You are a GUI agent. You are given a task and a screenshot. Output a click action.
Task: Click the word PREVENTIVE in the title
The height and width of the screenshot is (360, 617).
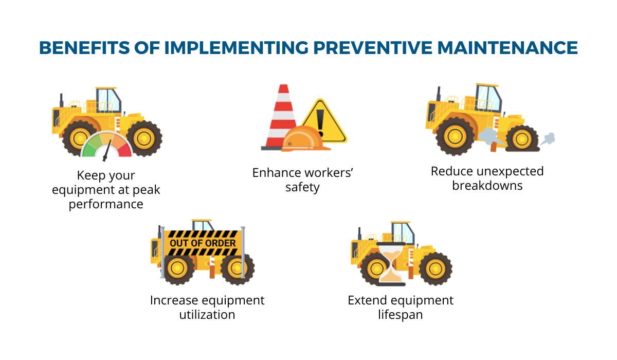point(373,48)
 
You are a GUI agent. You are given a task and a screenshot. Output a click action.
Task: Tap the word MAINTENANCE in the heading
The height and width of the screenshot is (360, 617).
point(507,48)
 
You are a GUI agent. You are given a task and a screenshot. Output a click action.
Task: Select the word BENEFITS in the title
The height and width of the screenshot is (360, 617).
point(84,48)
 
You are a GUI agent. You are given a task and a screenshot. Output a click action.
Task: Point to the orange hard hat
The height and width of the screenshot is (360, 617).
point(305,139)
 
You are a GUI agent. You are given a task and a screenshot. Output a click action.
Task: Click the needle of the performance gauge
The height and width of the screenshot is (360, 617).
point(107,150)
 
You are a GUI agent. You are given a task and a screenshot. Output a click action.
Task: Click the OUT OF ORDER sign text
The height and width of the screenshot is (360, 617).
point(203,243)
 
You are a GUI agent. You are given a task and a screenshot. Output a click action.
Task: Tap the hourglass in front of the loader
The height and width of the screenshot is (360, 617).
point(391,264)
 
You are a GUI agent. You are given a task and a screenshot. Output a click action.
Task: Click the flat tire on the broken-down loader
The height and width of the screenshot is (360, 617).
point(522,139)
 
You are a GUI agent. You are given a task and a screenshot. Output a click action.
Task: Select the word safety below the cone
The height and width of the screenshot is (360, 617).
point(302,188)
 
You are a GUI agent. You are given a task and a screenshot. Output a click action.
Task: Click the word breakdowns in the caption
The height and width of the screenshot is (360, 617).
point(487,185)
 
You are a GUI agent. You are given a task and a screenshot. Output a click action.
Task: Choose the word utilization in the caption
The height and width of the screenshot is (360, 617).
point(207,315)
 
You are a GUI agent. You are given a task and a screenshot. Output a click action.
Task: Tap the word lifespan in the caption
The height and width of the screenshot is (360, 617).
point(400,315)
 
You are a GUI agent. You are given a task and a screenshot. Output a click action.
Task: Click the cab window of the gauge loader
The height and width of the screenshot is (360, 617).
point(109,100)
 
